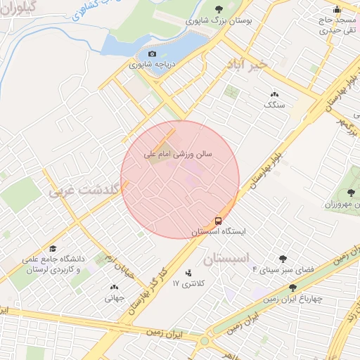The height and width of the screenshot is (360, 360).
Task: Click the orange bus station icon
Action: [218, 221]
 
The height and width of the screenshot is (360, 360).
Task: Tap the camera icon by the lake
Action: [153, 54]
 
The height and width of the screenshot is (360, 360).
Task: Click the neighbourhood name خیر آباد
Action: [247, 65]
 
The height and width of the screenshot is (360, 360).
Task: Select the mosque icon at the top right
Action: [337, 10]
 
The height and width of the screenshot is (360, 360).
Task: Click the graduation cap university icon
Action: [53, 249]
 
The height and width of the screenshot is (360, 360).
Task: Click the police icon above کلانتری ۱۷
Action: [188, 273]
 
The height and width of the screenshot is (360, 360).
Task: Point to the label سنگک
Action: [274, 104]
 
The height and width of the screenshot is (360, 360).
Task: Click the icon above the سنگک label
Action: [274, 94]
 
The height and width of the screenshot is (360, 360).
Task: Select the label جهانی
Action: [114, 297]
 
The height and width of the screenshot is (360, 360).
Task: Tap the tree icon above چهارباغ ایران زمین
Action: [292, 288]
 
